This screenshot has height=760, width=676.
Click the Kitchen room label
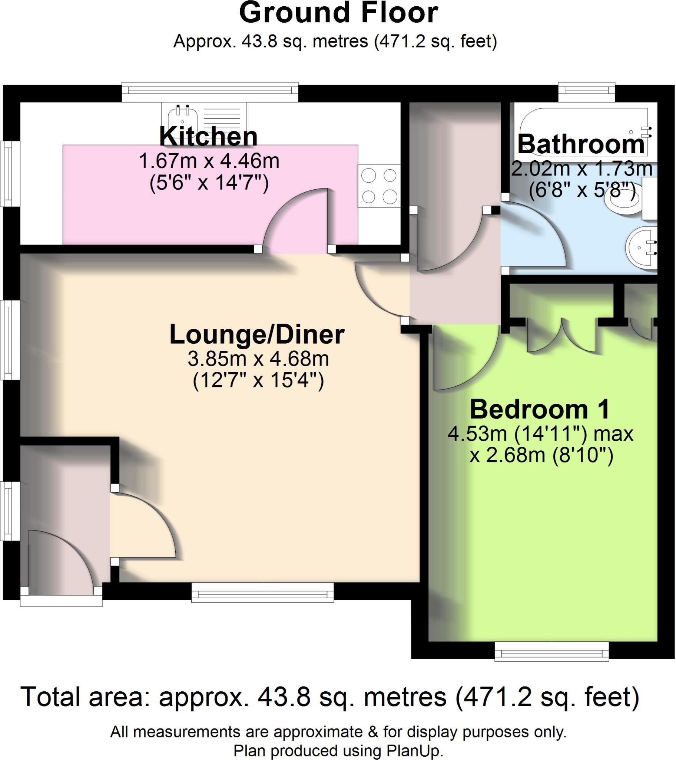208,137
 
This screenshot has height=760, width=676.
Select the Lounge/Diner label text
257,335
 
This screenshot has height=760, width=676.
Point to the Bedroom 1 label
540,409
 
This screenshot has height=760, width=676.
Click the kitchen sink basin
182,118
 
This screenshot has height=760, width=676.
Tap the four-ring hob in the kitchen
379,186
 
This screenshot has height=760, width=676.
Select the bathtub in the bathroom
583,130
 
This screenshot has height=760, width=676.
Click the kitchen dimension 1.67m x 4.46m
209,161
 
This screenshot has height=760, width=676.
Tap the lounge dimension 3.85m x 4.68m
258,359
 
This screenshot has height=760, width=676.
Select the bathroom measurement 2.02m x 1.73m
581,169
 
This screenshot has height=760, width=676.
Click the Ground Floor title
338,13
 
